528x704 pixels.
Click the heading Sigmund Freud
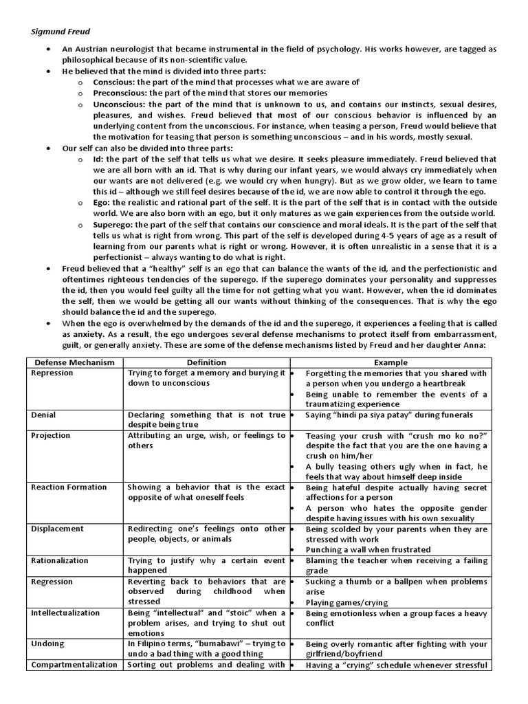(x=61, y=31)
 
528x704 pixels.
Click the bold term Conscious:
(x=114, y=82)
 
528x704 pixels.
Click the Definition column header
(x=206, y=362)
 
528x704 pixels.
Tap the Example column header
(x=390, y=362)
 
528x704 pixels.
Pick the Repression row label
(x=53, y=373)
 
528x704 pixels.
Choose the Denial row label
(x=44, y=415)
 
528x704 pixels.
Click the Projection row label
(x=51, y=435)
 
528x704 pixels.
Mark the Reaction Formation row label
(x=69, y=487)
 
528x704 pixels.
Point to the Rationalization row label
(x=62, y=560)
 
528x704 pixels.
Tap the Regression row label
(x=53, y=581)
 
